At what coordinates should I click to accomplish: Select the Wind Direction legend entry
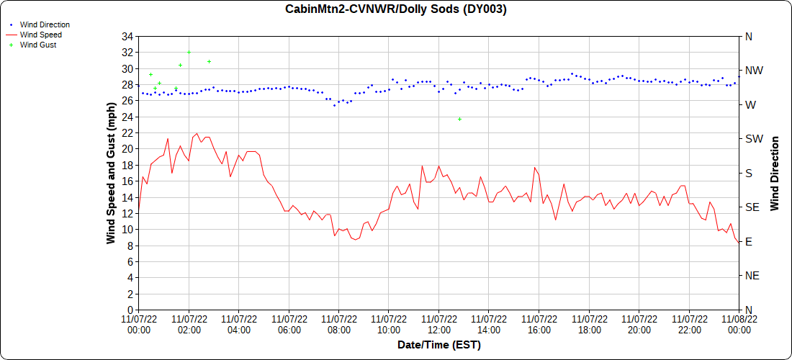(45, 24)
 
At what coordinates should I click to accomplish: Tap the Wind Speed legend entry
(40, 35)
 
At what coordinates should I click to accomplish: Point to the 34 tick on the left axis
(127, 37)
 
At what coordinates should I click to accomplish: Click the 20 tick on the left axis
(127, 149)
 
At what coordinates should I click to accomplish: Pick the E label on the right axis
(748, 242)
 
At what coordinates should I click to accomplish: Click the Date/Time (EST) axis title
(438, 345)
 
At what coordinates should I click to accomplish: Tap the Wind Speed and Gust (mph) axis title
(111, 173)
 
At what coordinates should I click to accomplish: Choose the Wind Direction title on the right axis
(775, 173)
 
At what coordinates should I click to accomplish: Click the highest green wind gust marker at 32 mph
(189, 53)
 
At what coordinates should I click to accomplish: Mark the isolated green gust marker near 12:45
(459, 119)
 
